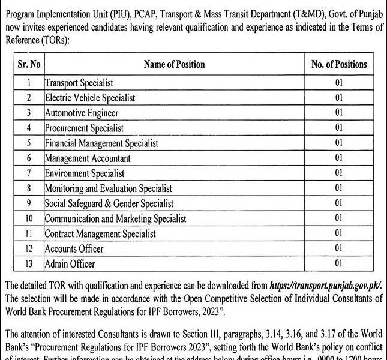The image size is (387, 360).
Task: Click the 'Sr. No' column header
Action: tap(28, 64)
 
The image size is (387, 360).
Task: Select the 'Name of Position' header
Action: tap(174, 64)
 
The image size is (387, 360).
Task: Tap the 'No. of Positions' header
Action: tap(339, 64)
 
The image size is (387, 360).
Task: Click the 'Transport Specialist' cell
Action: tap(79, 82)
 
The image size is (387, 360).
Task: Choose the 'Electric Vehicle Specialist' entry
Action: tap(90, 97)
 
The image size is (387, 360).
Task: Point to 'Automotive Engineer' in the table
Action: tap(82, 112)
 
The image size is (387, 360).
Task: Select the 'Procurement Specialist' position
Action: tap(84, 127)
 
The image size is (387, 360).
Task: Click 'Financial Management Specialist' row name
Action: tap(101, 143)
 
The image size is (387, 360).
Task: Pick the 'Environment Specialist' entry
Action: tap(83, 173)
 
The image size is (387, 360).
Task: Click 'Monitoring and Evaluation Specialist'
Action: tap(108, 188)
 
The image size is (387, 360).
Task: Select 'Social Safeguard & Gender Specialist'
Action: tap(109, 203)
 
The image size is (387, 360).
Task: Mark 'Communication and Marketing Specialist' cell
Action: tap(115, 218)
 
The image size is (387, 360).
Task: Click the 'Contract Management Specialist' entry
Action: tap(100, 233)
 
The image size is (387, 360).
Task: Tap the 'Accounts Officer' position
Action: tap(74, 248)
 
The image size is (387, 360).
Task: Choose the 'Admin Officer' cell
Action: tap(70, 263)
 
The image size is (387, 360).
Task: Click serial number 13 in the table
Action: tap(28, 263)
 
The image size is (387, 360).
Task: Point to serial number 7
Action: tap(28, 173)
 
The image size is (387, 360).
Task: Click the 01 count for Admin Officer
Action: tap(339, 263)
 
